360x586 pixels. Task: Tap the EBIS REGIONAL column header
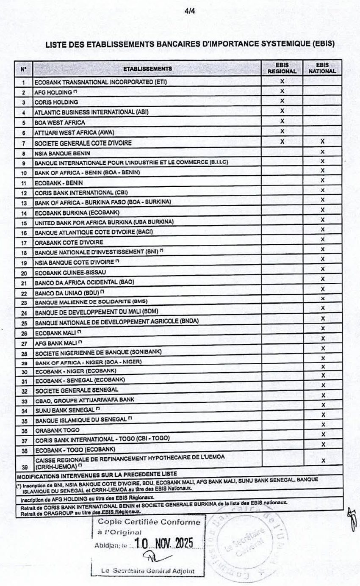282,68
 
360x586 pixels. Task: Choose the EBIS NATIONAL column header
322,68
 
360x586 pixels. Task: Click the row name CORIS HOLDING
56,102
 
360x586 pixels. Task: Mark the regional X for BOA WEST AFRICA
282,122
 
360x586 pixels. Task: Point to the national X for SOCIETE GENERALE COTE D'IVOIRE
322,142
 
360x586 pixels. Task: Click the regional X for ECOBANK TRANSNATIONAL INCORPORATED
282,81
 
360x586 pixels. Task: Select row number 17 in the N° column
24,243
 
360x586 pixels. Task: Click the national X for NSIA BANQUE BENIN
322,152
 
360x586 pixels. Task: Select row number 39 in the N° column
24,467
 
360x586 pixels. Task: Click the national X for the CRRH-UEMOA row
323,461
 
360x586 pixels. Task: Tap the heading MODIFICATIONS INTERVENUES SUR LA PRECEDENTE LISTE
97,474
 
